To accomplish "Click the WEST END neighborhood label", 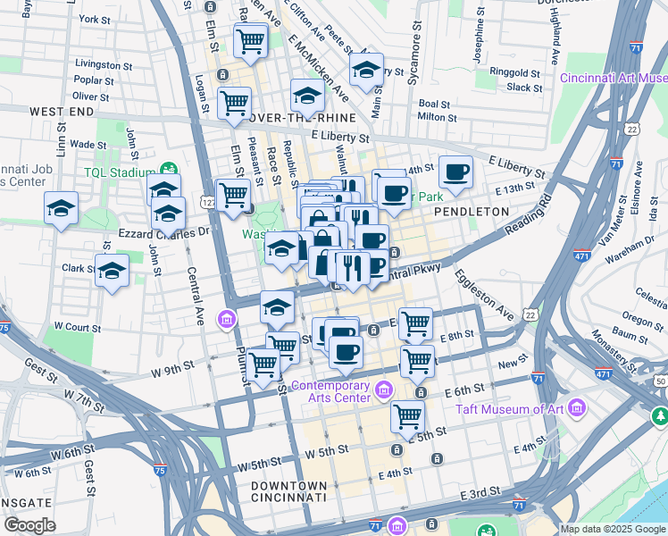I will point(62,112).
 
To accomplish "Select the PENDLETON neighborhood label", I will point(471,212).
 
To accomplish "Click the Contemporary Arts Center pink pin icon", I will point(386,389).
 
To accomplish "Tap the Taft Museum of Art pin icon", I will point(577,409).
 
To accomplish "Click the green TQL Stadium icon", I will point(167,170).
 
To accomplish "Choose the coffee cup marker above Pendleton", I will point(455,172).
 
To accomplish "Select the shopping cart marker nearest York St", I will point(251,40).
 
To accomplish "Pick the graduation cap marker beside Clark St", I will point(113,270).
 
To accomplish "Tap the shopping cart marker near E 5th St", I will point(407,415).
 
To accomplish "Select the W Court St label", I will point(75,327).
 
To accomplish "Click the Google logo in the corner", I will point(29,525).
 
